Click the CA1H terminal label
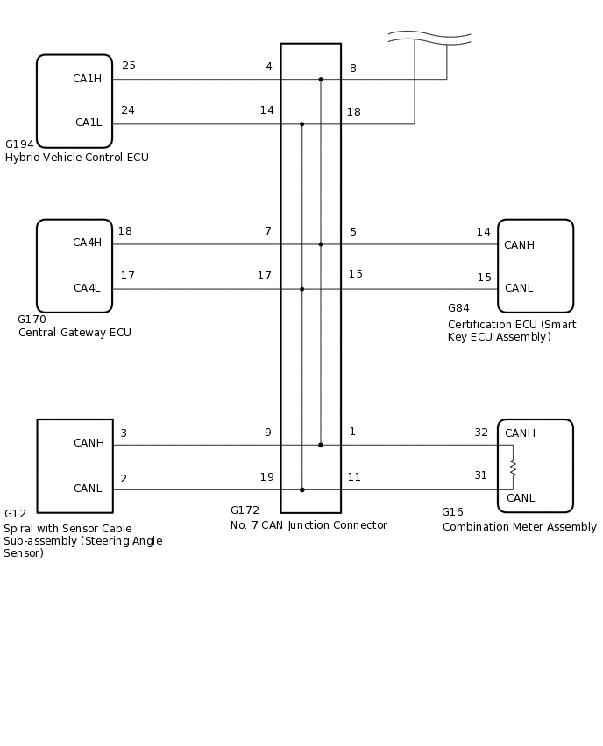point(87,79)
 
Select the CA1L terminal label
point(88,123)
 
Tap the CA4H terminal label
point(87,243)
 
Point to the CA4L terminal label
point(87,288)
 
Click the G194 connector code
point(19,144)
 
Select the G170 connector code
point(32,320)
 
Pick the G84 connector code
point(458,308)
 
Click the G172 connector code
point(245,510)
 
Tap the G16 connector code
point(452,512)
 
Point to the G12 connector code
point(15,514)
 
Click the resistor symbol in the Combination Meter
point(513,468)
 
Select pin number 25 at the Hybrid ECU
point(129,66)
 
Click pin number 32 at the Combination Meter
point(481,433)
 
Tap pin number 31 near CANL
point(480,475)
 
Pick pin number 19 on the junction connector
point(266,477)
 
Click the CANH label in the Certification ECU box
point(519,245)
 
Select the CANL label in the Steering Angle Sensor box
point(88,489)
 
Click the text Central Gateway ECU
point(74,333)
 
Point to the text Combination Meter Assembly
point(519,527)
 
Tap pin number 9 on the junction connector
point(267,433)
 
